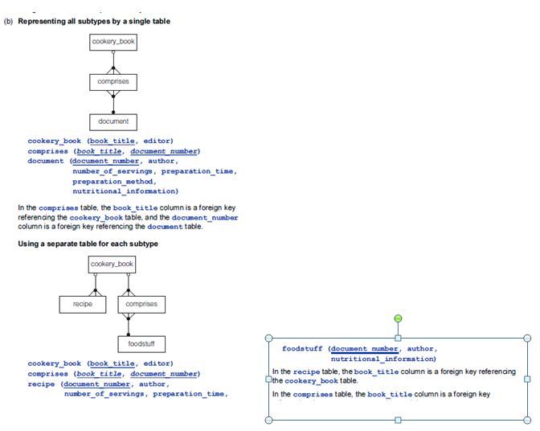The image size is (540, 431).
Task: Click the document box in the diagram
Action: coord(113,121)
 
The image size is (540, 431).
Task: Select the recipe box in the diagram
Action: coord(83,304)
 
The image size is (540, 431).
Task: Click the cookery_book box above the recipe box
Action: coord(112,264)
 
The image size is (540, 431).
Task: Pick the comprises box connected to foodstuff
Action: coord(141,304)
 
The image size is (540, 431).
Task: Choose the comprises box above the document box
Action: coord(113,81)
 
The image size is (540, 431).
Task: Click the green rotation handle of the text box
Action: coord(398,318)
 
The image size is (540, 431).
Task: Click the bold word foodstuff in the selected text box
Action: coord(303,348)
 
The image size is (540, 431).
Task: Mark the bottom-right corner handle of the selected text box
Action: coord(527,420)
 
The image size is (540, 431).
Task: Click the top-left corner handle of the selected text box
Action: coord(269,338)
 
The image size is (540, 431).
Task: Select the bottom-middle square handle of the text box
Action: coord(398,420)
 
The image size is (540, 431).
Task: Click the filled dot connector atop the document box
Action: coord(113,111)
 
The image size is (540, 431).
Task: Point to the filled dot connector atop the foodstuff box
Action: coord(127,334)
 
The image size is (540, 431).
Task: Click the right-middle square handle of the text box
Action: coord(527,379)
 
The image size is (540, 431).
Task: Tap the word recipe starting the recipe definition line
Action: coord(42,384)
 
